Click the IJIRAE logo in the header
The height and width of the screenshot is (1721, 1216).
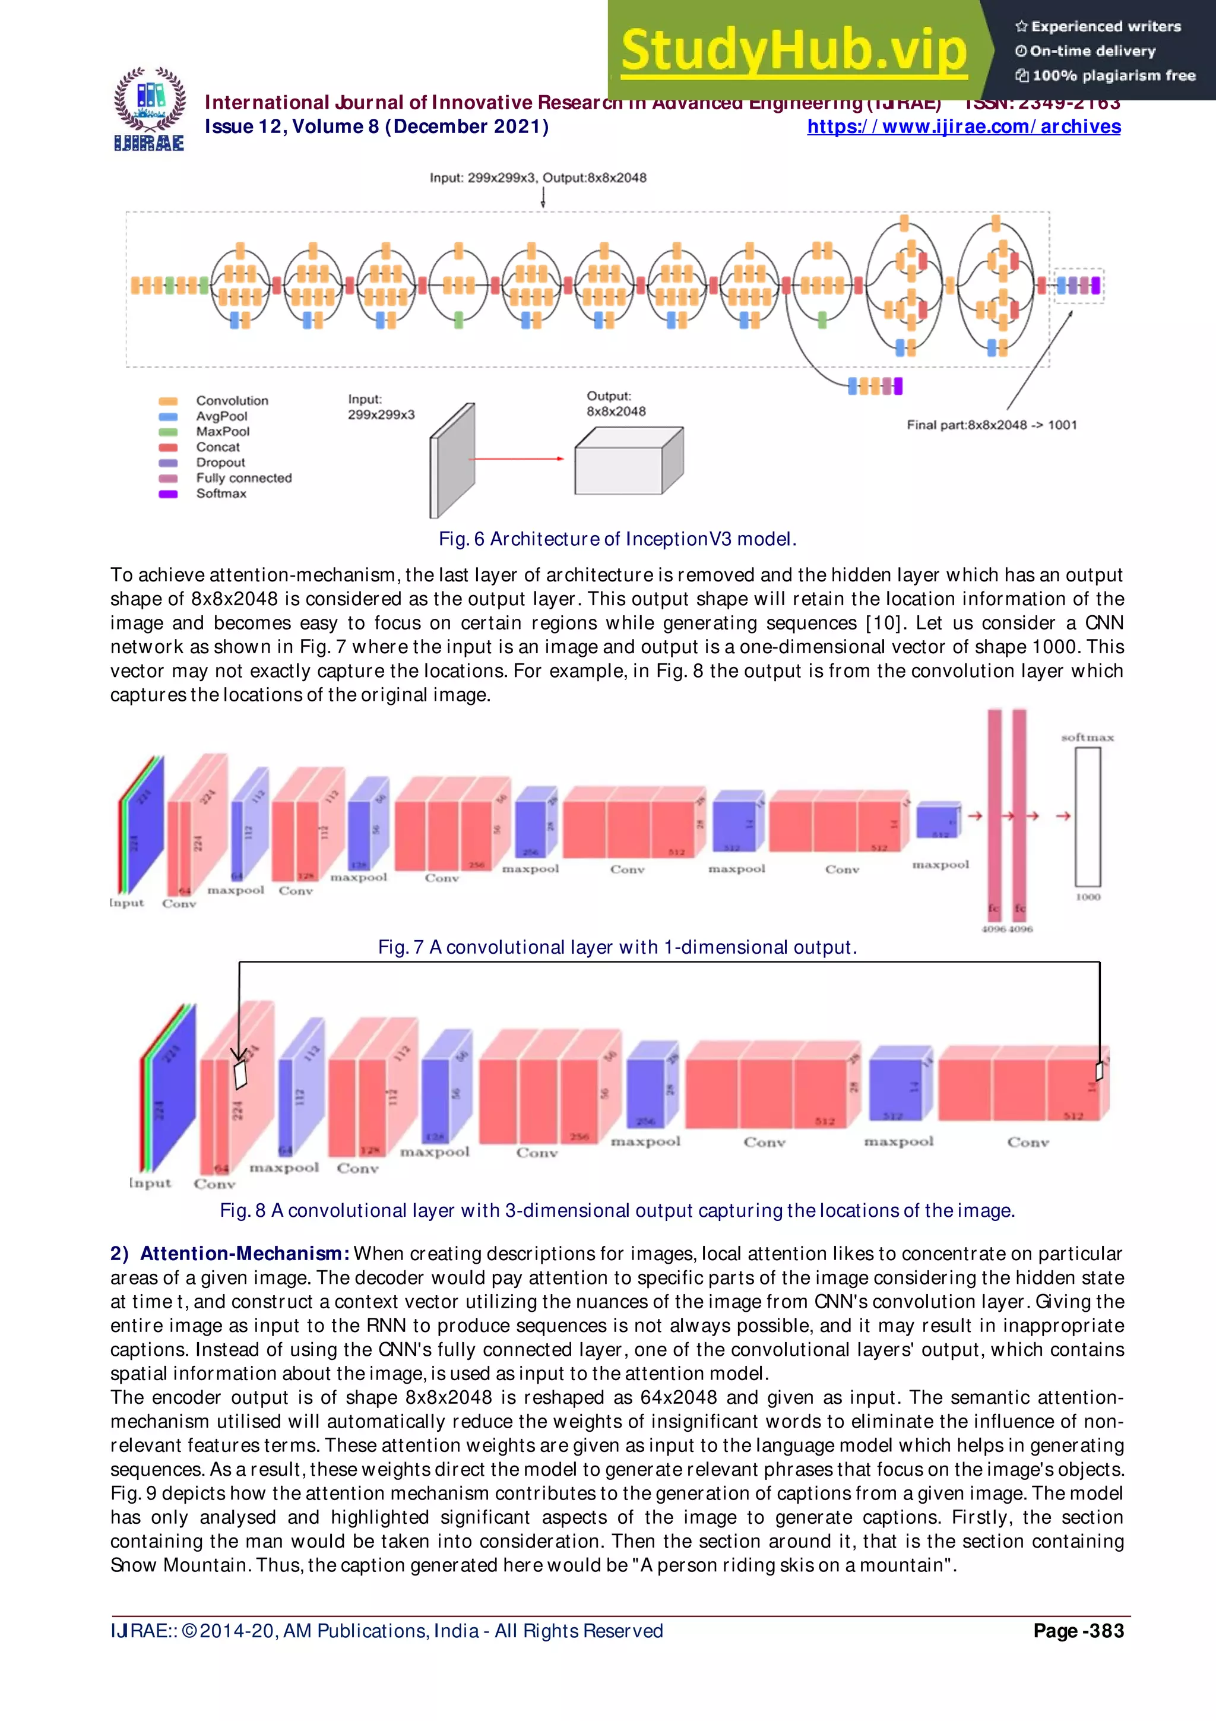point(149,109)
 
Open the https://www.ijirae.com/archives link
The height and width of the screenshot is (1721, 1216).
point(964,126)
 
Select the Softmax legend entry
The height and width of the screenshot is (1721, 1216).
point(221,493)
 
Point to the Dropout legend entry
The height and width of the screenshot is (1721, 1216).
point(220,463)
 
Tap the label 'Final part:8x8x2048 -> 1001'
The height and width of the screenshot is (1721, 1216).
point(991,425)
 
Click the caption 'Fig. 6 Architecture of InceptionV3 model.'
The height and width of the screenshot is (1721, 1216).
point(617,539)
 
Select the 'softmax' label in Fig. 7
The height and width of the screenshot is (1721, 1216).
point(1087,738)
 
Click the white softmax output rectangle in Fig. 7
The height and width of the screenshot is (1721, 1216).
point(1088,817)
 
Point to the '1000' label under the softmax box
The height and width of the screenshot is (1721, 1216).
point(1088,897)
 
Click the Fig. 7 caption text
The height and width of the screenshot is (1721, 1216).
point(617,947)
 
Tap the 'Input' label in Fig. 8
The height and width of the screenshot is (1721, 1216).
point(150,1183)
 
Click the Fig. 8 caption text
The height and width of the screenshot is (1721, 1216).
point(617,1210)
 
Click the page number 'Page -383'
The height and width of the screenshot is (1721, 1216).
point(1078,1631)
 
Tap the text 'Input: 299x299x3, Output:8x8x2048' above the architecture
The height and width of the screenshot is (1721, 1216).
point(537,178)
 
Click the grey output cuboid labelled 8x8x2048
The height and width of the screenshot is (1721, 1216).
point(628,461)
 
